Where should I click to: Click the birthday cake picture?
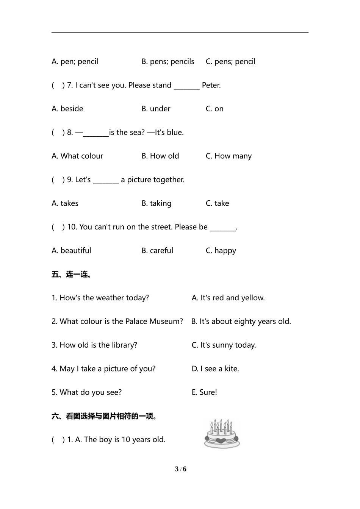(222, 434)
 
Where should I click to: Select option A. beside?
(67, 109)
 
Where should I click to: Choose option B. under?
(156, 109)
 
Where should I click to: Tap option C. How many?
(229, 156)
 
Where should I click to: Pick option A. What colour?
(77, 156)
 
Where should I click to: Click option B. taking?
(156, 203)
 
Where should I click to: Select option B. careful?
(157, 251)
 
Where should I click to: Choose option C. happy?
(221, 251)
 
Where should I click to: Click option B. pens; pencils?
(168, 61)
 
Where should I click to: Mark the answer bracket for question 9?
(58, 180)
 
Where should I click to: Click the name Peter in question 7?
(211, 85)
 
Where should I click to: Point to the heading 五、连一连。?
(72, 274)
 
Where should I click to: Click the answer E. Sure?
(204, 392)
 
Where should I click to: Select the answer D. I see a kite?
(215, 369)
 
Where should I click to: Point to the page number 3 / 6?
(180, 469)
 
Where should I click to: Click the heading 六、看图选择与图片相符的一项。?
(105, 416)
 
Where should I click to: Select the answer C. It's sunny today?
(224, 345)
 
